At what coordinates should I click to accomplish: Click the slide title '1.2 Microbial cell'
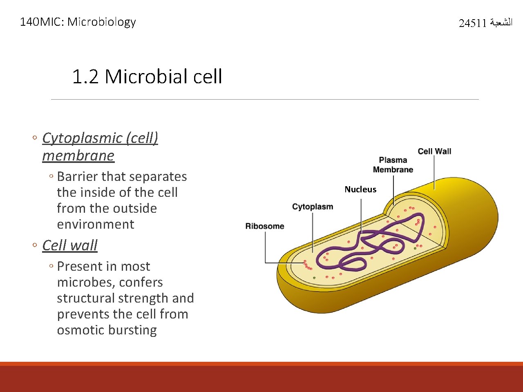[147, 76]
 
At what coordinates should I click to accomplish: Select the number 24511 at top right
[472, 23]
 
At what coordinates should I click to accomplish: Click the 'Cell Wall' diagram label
[434, 151]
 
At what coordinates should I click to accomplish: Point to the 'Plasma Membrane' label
[393, 165]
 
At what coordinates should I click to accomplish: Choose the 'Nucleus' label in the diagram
[360, 189]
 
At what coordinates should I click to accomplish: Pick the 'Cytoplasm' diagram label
[313, 207]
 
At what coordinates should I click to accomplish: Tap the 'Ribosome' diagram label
[265, 226]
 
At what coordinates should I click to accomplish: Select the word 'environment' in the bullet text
[96, 224]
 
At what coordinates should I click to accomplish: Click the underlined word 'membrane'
[78, 156]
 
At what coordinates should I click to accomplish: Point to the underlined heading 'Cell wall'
[70, 245]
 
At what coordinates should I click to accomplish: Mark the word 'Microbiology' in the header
[101, 22]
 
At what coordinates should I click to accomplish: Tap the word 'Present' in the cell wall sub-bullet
[80, 266]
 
